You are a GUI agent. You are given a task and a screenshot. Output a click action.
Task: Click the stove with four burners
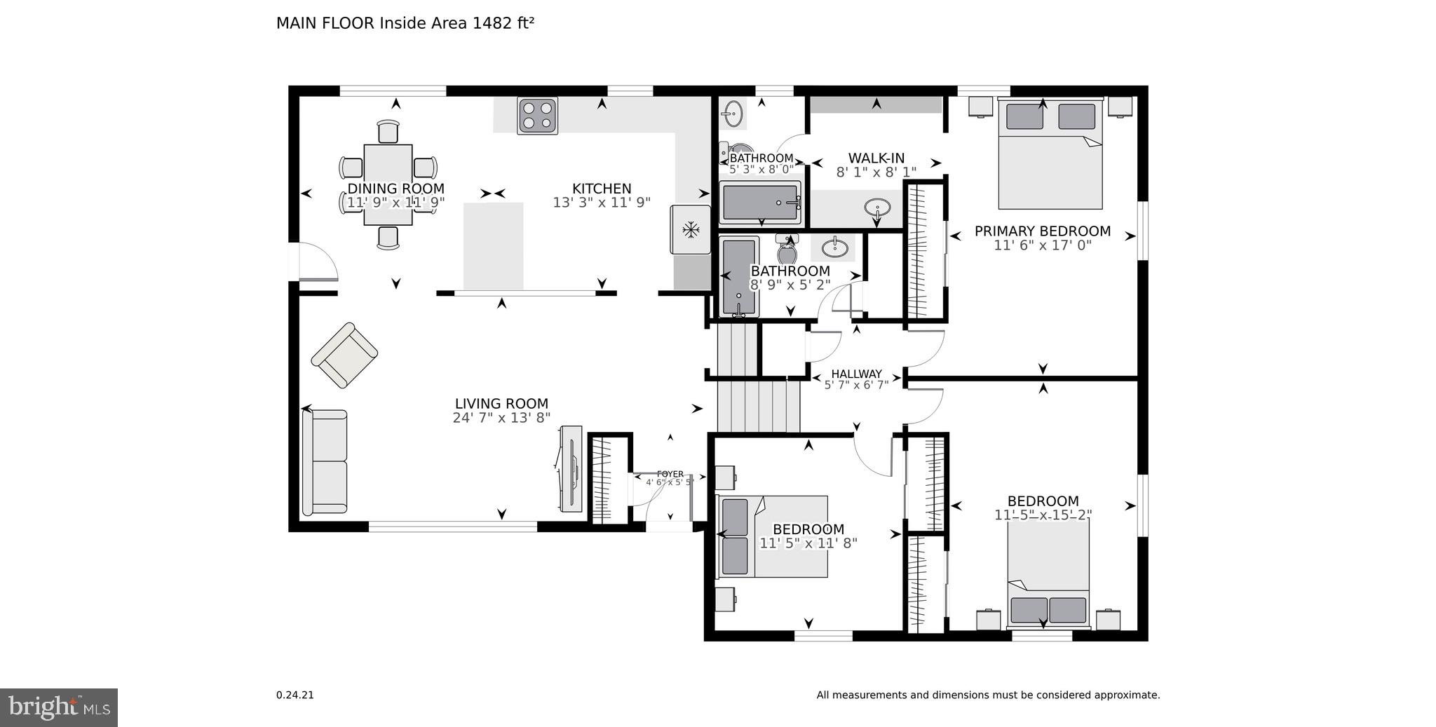[538, 116]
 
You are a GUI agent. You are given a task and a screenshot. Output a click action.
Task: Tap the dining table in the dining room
[388, 184]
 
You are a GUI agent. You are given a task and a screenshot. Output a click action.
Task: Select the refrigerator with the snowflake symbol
[692, 229]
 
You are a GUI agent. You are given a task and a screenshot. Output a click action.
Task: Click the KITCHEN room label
[602, 189]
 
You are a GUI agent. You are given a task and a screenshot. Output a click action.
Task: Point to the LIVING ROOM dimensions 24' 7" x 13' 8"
[501, 418]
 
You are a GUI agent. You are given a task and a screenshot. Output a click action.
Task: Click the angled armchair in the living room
[344, 355]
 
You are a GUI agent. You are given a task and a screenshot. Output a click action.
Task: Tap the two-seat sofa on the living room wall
[325, 462]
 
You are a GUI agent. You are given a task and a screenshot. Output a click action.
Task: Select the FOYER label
[670, 474]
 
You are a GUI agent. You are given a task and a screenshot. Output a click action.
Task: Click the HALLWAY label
[856, 374]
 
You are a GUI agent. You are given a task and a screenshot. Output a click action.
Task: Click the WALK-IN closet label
[876, 158]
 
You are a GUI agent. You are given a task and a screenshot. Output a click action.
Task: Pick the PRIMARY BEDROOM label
[1042, 231]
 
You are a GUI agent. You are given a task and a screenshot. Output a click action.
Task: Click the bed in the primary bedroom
[1050, 154]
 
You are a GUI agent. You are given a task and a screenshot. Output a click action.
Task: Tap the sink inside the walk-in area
[878, 208]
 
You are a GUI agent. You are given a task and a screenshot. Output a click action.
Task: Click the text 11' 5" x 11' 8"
[808, 543]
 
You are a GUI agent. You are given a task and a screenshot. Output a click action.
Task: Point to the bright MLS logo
[59, 707]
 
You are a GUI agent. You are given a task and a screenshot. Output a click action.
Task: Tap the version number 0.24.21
[294, 695]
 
